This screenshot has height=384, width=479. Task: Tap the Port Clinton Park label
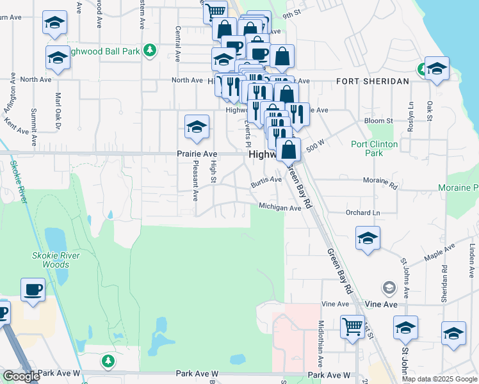[375, 148]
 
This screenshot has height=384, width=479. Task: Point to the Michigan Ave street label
[280, 207]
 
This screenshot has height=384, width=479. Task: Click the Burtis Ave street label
[266, 180]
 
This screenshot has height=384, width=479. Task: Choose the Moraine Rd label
[380, 183]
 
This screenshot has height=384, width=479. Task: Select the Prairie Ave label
[197, 154]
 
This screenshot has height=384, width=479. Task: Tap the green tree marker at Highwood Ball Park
[150, 49]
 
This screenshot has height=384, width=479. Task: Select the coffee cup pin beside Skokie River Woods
[33, 290]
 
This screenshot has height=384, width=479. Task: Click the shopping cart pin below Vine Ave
[352, 326]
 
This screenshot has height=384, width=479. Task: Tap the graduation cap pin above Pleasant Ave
[197, 127]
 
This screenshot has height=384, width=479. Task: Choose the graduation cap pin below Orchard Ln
[368, 239]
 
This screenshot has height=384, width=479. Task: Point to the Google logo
[22, 376]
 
